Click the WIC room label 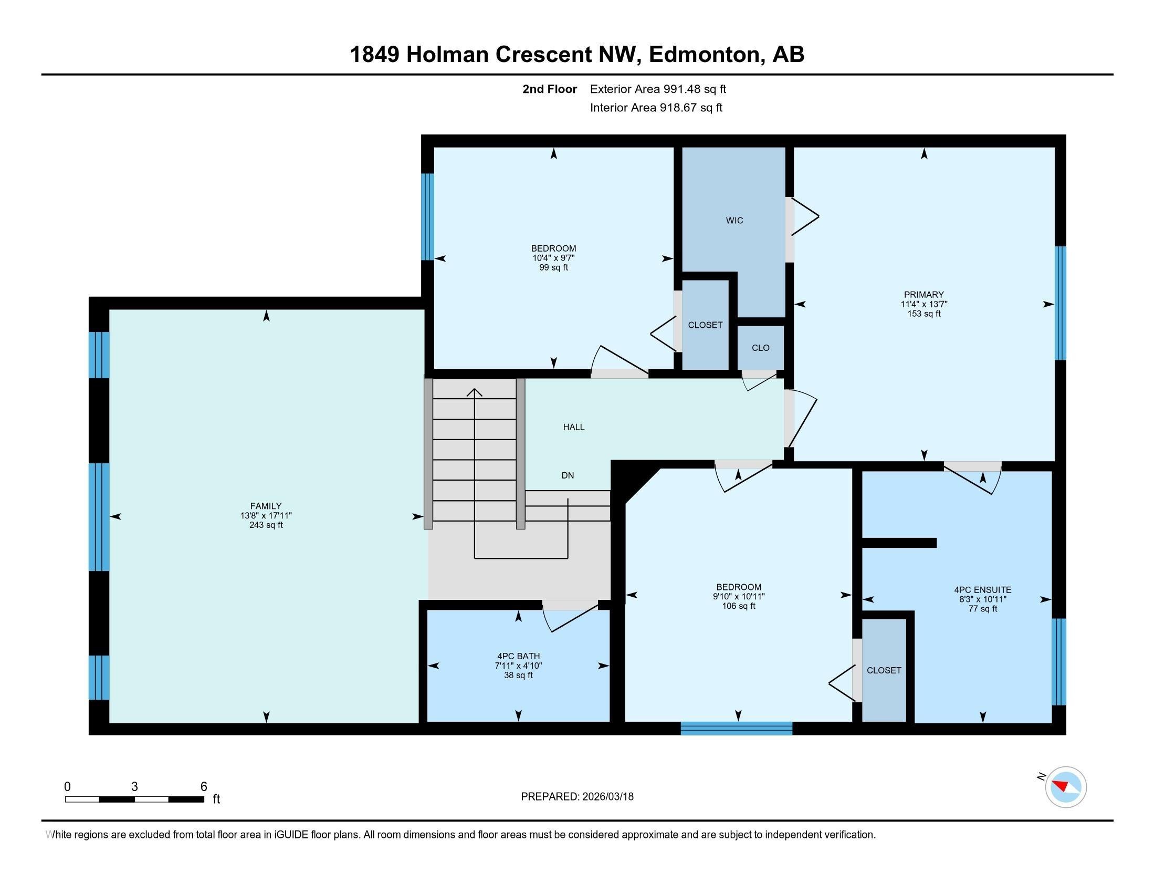point(734,221)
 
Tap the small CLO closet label point(760,348)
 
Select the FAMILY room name point(266,506)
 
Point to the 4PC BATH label point(518,656)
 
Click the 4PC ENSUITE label point(982,589)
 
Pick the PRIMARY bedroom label point(923,295)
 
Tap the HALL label point(573,427)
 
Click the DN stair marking point(568,475)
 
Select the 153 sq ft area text point(923,314)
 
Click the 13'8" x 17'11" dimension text point(266,515)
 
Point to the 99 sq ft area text point(553,268)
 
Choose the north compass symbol point(1066,787)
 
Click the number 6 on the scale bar point(204,786)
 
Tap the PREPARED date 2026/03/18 point(606,796)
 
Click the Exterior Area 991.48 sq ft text point(658,89)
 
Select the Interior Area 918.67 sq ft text point(656,108)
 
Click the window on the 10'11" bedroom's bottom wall point(736,729)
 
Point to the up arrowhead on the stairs point(475,392)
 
